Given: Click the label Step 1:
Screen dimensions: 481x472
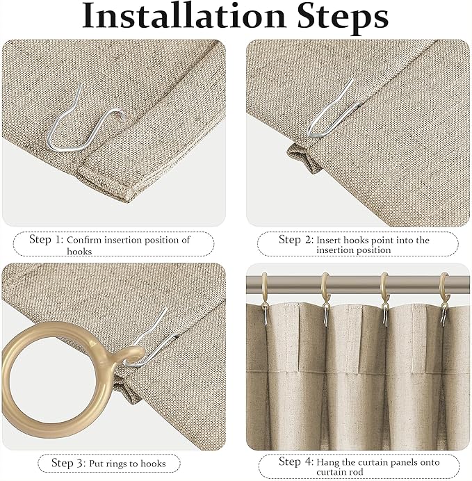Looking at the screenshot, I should (46, 240).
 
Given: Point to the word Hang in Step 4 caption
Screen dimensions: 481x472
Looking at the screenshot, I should (328, 462).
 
